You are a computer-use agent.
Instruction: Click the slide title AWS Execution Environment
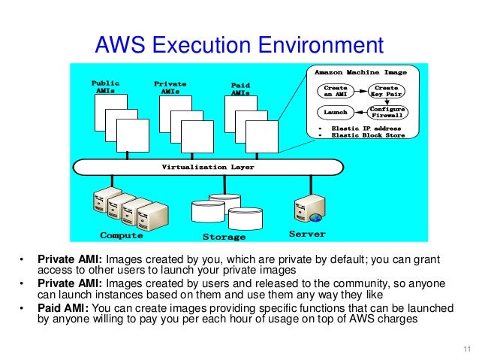[x=239, y=46]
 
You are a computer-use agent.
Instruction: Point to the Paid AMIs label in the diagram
[x=239, y=89]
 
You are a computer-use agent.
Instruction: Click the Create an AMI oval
[x=335, y=91]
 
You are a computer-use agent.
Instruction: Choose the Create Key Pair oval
[x=386, y=91]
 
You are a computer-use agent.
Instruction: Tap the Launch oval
[x=335, y=112]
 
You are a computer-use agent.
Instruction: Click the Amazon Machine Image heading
[x=360, y=73]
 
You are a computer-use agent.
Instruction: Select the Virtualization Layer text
[x=208, y=167]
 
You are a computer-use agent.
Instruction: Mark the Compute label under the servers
[x=122, y=235]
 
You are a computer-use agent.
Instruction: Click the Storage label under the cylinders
[x=224, y=237]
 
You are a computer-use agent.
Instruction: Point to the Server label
[x=308, y=234]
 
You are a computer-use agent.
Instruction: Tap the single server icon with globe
[x=309, y=208]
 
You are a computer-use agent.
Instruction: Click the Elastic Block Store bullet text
[x=366, y=136]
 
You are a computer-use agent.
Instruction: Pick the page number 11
[x=466, y=347]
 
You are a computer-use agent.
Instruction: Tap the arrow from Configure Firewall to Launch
[x=360, y=112]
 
